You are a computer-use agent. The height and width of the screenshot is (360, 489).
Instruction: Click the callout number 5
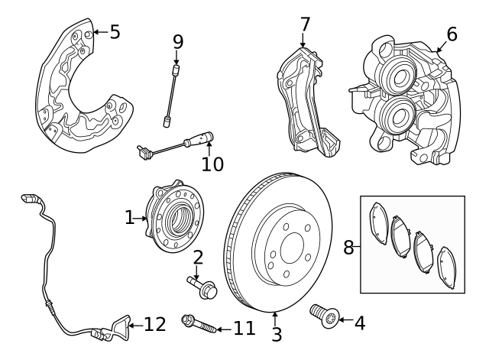tap(115, 31)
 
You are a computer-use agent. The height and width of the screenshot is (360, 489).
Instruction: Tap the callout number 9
tap(178, 41)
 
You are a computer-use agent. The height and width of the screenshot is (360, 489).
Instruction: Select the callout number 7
tap(305, 24)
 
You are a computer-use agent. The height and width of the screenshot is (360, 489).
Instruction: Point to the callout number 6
tap(452, 34)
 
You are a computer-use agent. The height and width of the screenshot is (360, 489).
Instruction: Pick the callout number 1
tap(129, 219)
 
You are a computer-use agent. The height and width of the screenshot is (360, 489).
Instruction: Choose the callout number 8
tap(348, 247)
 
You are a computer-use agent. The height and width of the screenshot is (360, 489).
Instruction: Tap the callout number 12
tap(154, 325)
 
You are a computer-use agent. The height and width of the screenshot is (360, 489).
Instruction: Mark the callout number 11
tap(244, 329)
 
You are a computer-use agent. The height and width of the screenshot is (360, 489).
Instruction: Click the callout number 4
tap(358, 323)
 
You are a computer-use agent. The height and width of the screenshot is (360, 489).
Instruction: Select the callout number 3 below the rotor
tap(277, 334)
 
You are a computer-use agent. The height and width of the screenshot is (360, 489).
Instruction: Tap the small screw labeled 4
tap(322, 315)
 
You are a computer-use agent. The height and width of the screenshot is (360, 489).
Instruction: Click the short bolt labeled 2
tap(202, 288)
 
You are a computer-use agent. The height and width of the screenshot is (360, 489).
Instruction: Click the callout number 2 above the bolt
tap(197, 258)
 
